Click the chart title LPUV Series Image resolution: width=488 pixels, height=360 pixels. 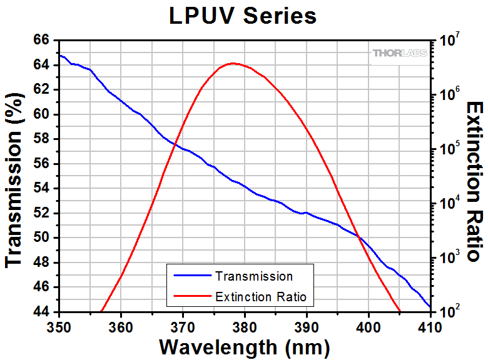pyautogui.click(x=243, y=16)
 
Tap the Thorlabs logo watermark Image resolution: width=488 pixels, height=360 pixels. pyautogui.click(x=400, y=53)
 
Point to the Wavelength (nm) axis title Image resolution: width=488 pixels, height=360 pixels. pyautogui.click(x=244, y=346)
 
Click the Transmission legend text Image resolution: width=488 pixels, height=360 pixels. pyautogui.click(x=253, y=276)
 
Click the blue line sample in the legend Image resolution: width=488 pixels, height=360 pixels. pyautogui.click(x=192, y=276)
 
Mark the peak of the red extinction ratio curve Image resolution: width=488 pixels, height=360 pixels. pyautogui.click(x=233, y=63)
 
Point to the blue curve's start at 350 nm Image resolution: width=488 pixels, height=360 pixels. pyautogui.click(x=59, y=54)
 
